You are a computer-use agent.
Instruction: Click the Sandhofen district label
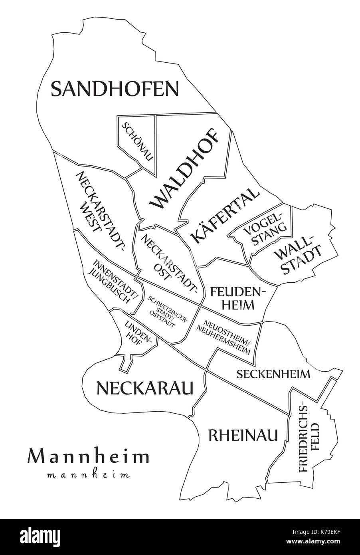point(115,88)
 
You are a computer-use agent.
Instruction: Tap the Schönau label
point(136,141)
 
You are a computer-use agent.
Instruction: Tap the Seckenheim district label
point(273,374)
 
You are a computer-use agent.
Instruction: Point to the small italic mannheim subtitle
point(88,475)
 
